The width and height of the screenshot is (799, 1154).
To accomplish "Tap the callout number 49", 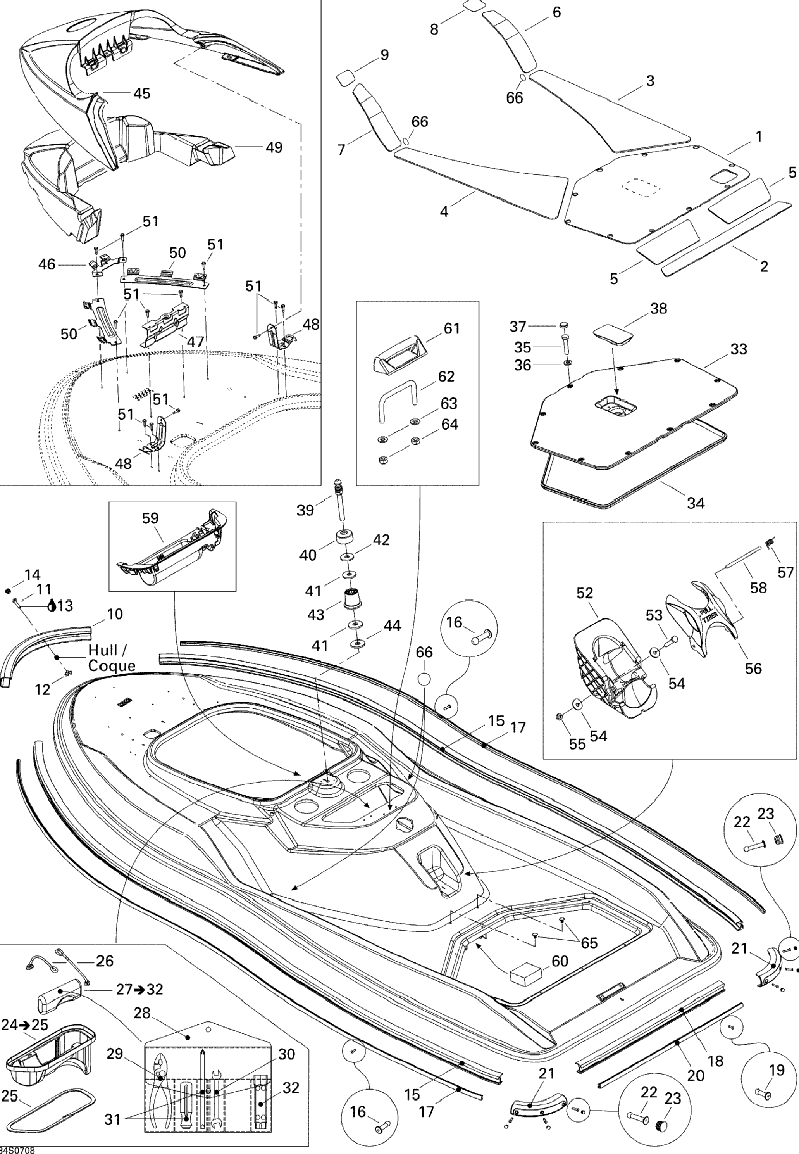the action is [274, 147].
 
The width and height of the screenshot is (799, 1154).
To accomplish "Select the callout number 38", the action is [659, 309].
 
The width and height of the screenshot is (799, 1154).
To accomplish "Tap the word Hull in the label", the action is [105, 650].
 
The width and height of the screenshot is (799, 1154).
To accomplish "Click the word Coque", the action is [112, 666].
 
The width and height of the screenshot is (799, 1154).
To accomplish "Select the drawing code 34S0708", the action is [18, 1150].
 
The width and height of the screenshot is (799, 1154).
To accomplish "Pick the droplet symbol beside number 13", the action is [52, 606].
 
